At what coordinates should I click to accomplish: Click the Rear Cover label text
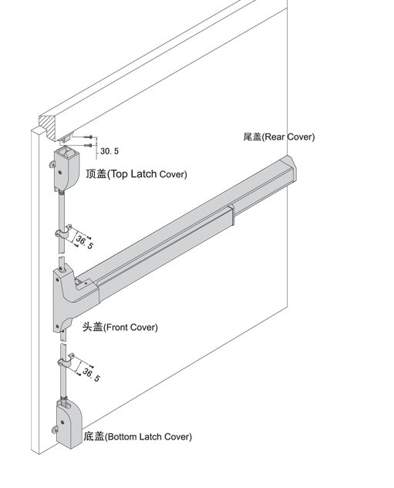tap(279, 136)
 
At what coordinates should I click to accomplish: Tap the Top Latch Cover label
tap(136, 173)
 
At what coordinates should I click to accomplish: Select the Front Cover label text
tap(120, 327)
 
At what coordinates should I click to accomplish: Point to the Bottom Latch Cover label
tap(137, 436)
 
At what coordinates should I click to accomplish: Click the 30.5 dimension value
tap(109, 151)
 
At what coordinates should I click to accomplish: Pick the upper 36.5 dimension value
tap(84, 242)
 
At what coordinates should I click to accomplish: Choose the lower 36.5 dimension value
tap(91, 375)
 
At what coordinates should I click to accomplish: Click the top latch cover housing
tap(66, 170)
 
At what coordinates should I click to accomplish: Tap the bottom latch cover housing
tap(69, 424)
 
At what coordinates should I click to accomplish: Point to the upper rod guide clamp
tap(63, 232)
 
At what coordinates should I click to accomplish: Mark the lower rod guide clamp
tap(66, 361)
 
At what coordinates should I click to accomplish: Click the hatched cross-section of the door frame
tap(49, 126)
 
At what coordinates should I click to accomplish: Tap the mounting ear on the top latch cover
tap(52, 164)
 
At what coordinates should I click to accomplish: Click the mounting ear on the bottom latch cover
tap(55, 430)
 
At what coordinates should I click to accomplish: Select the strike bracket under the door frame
tap(66, 139)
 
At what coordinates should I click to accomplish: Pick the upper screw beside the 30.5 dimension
tap(89, 136)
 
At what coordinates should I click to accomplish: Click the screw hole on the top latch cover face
tap(59, 171)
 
